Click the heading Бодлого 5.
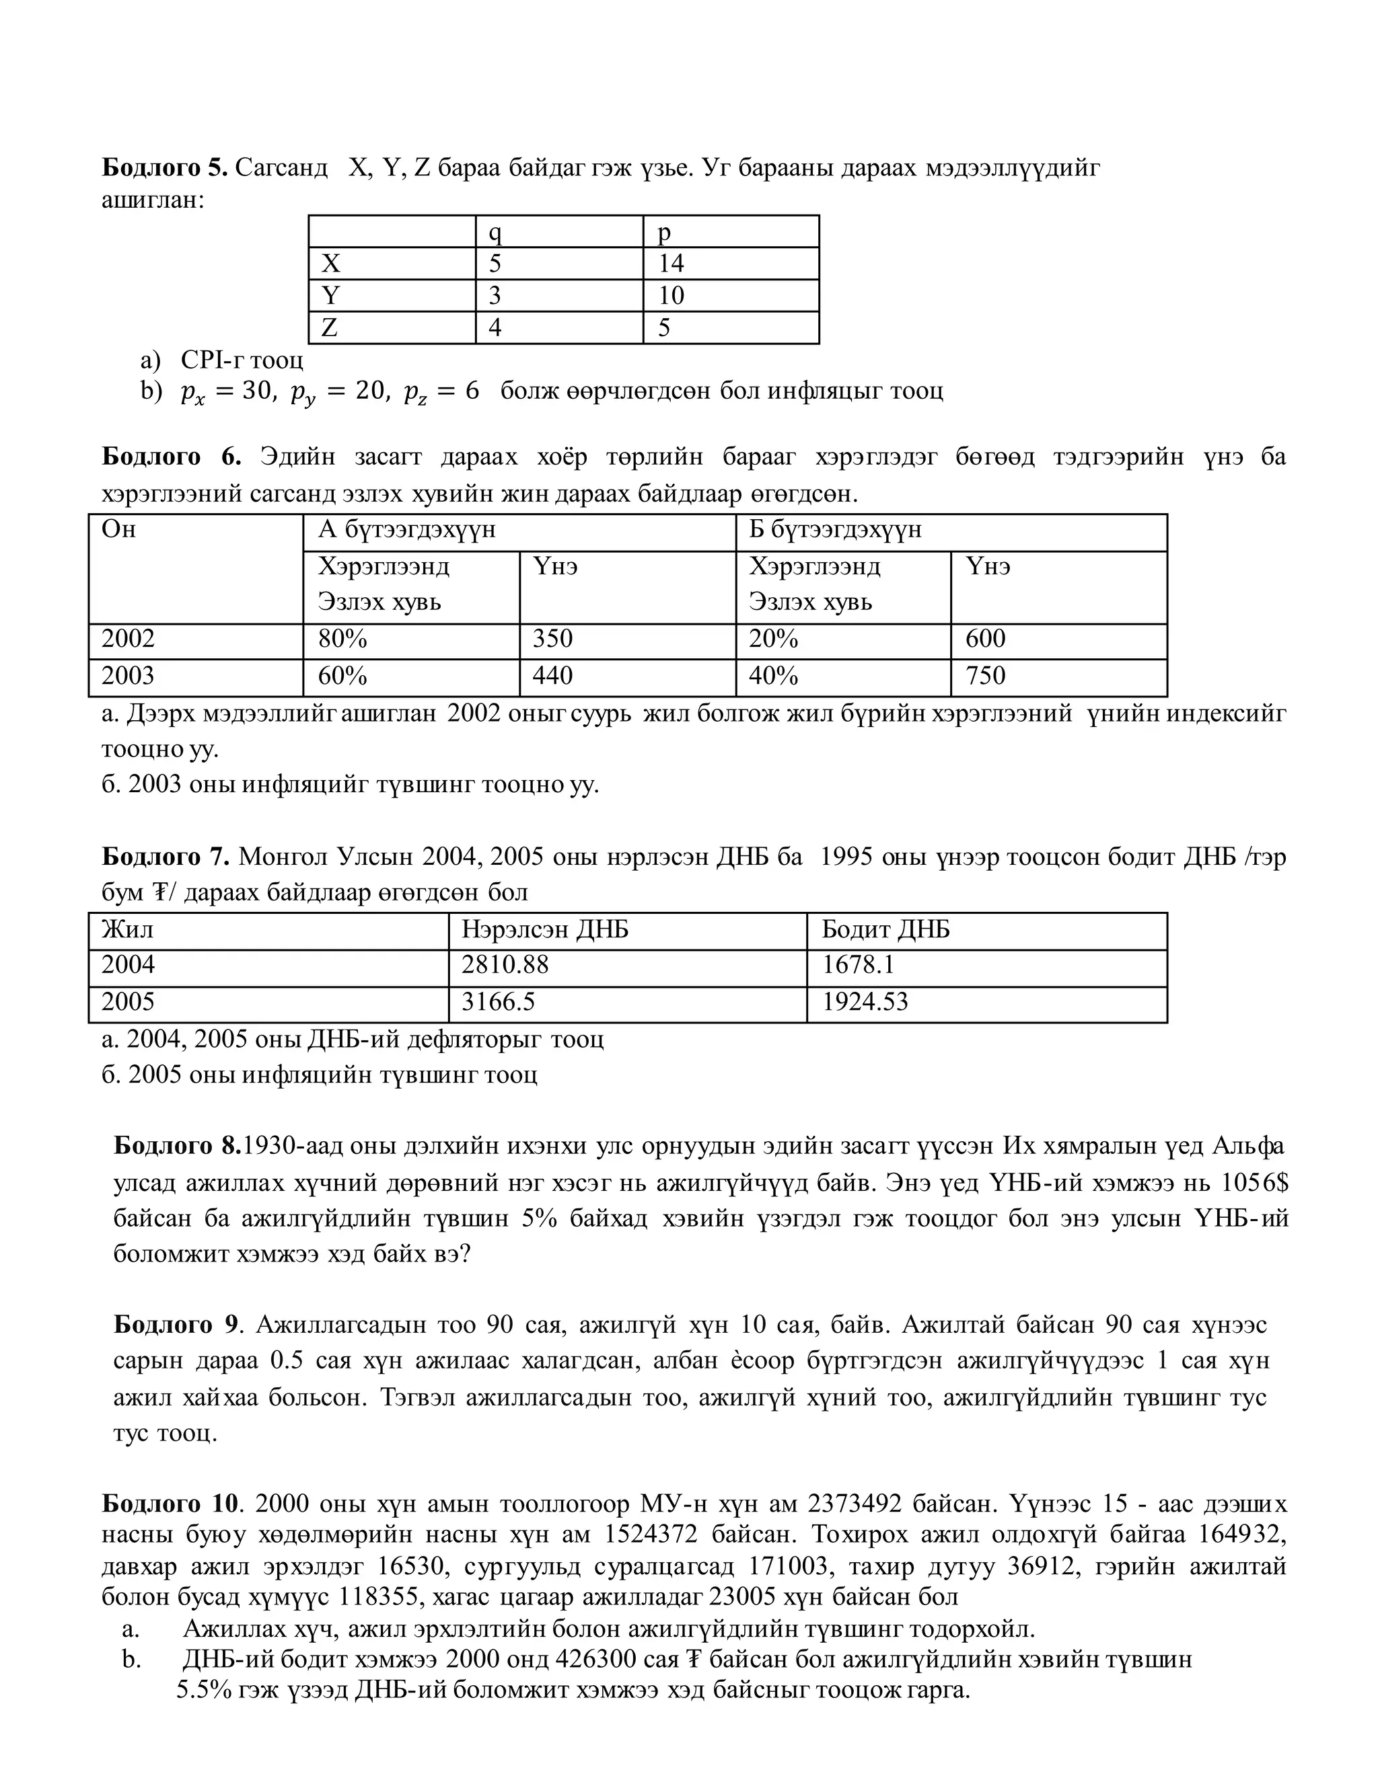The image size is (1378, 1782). (x=164, y=168)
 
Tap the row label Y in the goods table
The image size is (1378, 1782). (x=330, y=295)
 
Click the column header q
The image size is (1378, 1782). (x=495, y=233)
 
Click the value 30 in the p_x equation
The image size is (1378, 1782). (x=256, y=391)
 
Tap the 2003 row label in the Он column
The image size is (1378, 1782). (x=127, y=676)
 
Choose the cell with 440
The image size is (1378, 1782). (x=552, y=676)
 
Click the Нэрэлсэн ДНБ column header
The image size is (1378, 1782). (x=544, y=930)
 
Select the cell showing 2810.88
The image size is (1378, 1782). (x=505, y=965)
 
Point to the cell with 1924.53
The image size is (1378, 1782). (x=864, y=1002)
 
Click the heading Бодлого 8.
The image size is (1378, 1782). (x=177, y=1147)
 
